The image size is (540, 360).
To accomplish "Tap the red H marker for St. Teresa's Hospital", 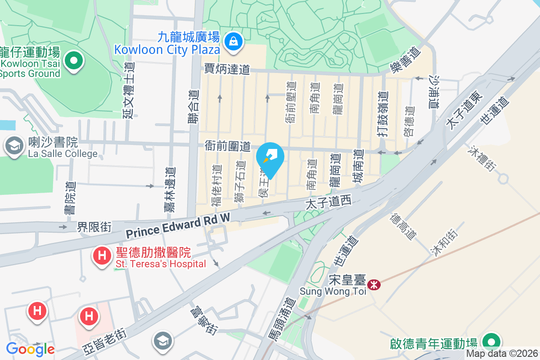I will tap(102, 256).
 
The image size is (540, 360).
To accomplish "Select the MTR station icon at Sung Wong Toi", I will tap(373, 284).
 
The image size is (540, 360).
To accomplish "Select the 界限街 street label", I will tap(94, 226).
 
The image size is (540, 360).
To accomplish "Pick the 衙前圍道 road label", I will tap(227, 146).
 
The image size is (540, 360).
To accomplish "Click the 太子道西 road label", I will tap(328, 202).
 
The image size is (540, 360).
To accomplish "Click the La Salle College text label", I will tap(63, 154).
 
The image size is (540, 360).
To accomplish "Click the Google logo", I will tap(30, 349).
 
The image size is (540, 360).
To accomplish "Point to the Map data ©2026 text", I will tap(502, 354).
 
